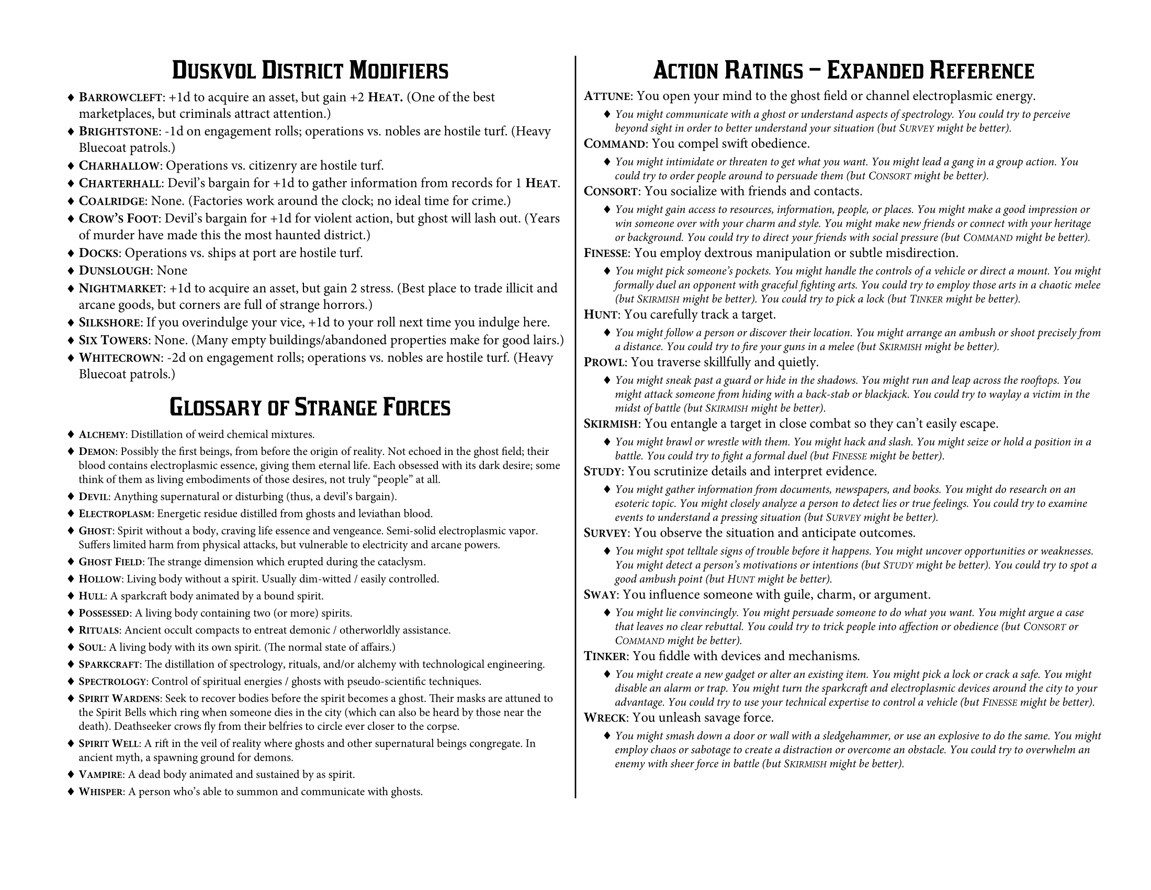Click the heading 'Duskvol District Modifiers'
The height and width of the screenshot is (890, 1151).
(x=310, y=71)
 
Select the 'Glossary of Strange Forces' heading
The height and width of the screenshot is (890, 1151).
(x=310, y=407)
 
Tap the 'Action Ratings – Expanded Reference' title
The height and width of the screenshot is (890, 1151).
(x=843, y=71)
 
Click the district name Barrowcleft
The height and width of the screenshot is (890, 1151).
(x=120, y=97)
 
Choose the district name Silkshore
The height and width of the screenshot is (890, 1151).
(x=110, y=322)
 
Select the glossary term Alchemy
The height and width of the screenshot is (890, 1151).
(x=102, y=435)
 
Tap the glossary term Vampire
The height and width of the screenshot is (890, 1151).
(x=100, y=775)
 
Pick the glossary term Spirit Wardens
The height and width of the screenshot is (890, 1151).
(x=119, y=699)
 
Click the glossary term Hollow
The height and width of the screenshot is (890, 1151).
(x=100, y=580)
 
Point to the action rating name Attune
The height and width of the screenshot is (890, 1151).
(x=607, y=96)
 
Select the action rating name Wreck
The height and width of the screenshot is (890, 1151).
(x=605, y=718)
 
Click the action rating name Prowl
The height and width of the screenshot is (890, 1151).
(x=604, y=363)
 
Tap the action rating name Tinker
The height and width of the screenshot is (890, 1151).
(x=605, y=657)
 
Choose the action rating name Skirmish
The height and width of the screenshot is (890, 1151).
(x=611, y=425)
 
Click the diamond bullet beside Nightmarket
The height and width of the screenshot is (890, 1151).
(x=71, y=289)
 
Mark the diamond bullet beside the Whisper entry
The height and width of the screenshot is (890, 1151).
(x=71, y=792)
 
